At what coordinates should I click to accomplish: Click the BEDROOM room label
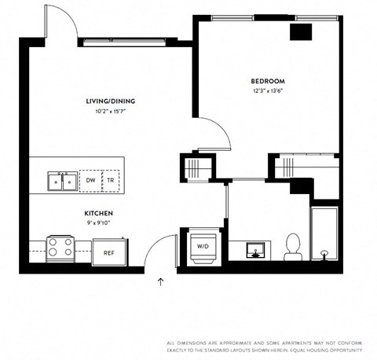(x=267, y=81)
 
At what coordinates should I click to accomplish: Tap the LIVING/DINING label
(x=110, y=101)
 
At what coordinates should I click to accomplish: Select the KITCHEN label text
(x=99, y=213)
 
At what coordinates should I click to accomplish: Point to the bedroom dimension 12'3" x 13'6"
(x=267, y=91)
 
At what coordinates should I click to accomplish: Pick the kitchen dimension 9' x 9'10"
(x=99, y=223)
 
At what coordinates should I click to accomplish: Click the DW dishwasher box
(x=91, y=181)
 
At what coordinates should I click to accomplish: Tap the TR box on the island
(x=111, y=181)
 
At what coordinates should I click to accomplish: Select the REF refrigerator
(x=109, y=252)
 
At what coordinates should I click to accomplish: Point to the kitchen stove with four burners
(x=60, y=248)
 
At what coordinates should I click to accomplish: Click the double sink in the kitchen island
(x=61, y=182)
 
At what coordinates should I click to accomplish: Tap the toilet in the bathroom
(x=292, y=246)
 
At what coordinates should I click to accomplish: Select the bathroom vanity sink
(x=255, y=251)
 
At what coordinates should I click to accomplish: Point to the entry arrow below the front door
(x=160, y=281)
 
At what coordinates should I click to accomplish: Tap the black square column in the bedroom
(x=301, y=31)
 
